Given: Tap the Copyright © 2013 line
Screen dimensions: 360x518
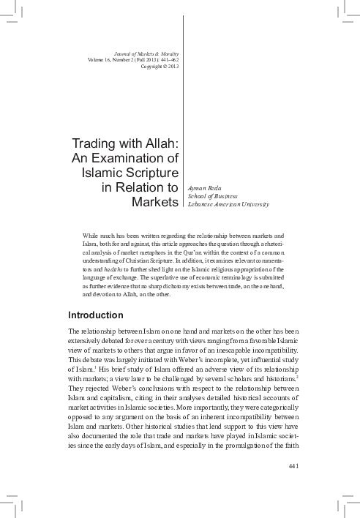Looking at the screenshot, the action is [x=159, y=66].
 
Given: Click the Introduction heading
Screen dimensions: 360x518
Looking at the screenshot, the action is [x=94, y=315].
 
